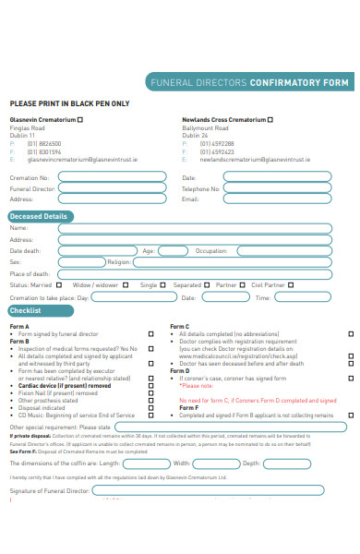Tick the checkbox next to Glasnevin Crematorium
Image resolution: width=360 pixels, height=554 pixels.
pos(78,120)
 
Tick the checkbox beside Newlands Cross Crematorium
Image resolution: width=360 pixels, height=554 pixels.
pos(271,120)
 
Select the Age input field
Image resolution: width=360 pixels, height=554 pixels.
pos(174,250)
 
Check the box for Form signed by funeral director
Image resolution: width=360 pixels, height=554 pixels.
pos(151,333)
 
